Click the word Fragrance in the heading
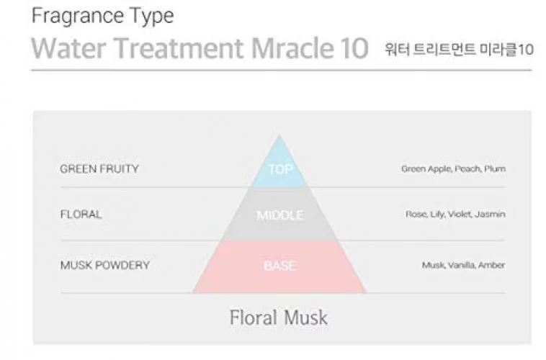[78, 17]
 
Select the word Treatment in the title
[179, 48]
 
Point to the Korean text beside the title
[459, 49]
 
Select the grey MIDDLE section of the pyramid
[279, 214]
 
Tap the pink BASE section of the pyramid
[279, 266]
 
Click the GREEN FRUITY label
[99, 169]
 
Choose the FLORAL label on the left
[81, 214]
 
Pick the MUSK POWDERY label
[105, 265]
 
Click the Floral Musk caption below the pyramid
[279, 318]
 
